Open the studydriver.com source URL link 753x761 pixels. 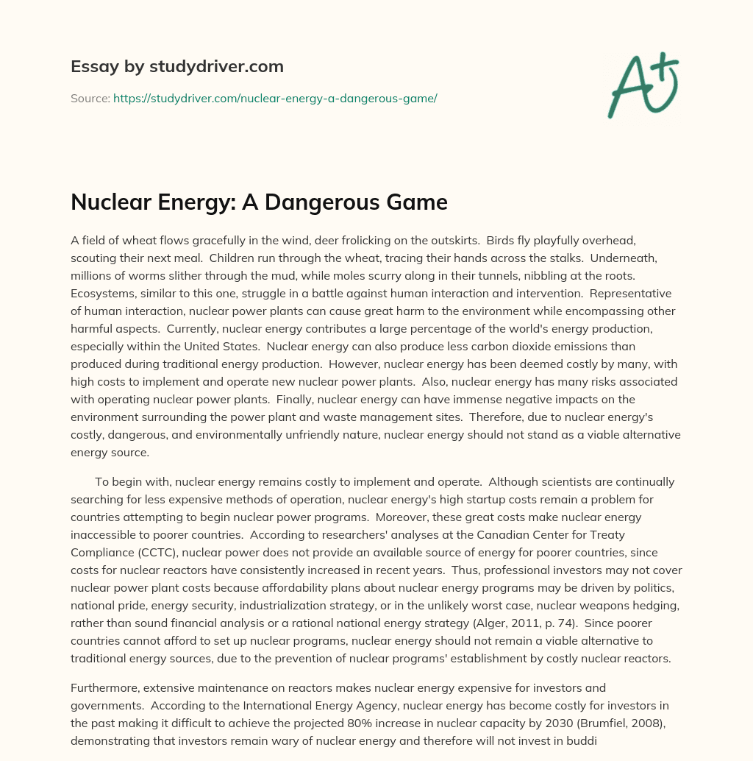pyautogui.click(x=275, y=98)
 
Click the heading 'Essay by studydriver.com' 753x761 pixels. pyautogui.click(x=176, y=66)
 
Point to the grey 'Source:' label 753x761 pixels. pyautogui.click(x=90, y=98)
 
